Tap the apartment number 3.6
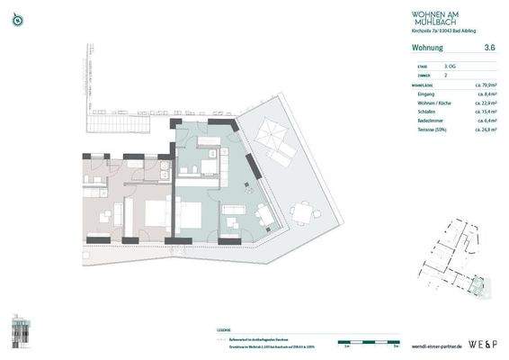click(x=489, y=47)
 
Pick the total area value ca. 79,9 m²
click(x=486, y=84)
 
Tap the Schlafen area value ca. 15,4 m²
click(x=486, y=112)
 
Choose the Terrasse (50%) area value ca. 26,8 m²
click(x=486, y=130)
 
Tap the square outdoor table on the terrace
click(x=308, y=212)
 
